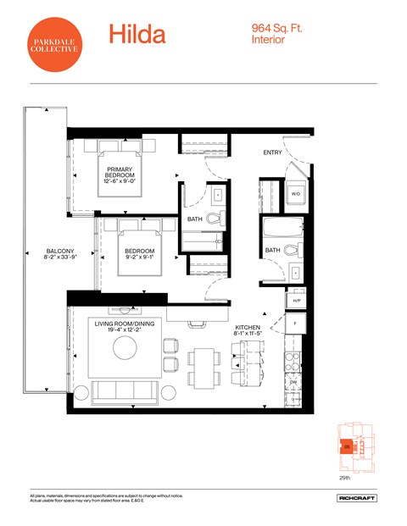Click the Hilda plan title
point(137,35)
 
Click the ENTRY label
point(272,152)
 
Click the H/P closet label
point(297,301)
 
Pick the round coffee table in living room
point(125,348)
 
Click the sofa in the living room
point(125,391)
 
